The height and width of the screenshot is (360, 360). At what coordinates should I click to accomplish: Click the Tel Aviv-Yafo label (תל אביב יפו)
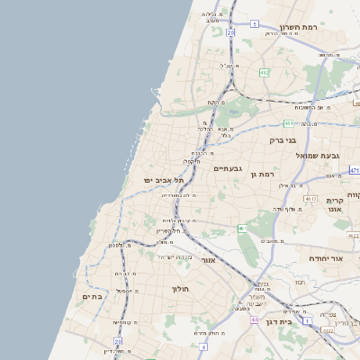pos(162,180)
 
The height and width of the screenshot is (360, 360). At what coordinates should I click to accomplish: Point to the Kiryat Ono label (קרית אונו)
pos(336,206)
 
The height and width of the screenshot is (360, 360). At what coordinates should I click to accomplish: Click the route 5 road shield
pos(255,23)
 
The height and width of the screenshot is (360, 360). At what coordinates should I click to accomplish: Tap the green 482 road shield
pos(264,72)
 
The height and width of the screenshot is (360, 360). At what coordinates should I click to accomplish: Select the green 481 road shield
pos(289,122)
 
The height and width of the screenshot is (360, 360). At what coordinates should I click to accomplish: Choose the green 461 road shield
pos(241,229)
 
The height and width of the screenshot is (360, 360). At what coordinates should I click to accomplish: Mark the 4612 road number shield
pos(310,198)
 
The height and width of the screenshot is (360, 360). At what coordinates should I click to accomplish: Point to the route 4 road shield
pos(203,346)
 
